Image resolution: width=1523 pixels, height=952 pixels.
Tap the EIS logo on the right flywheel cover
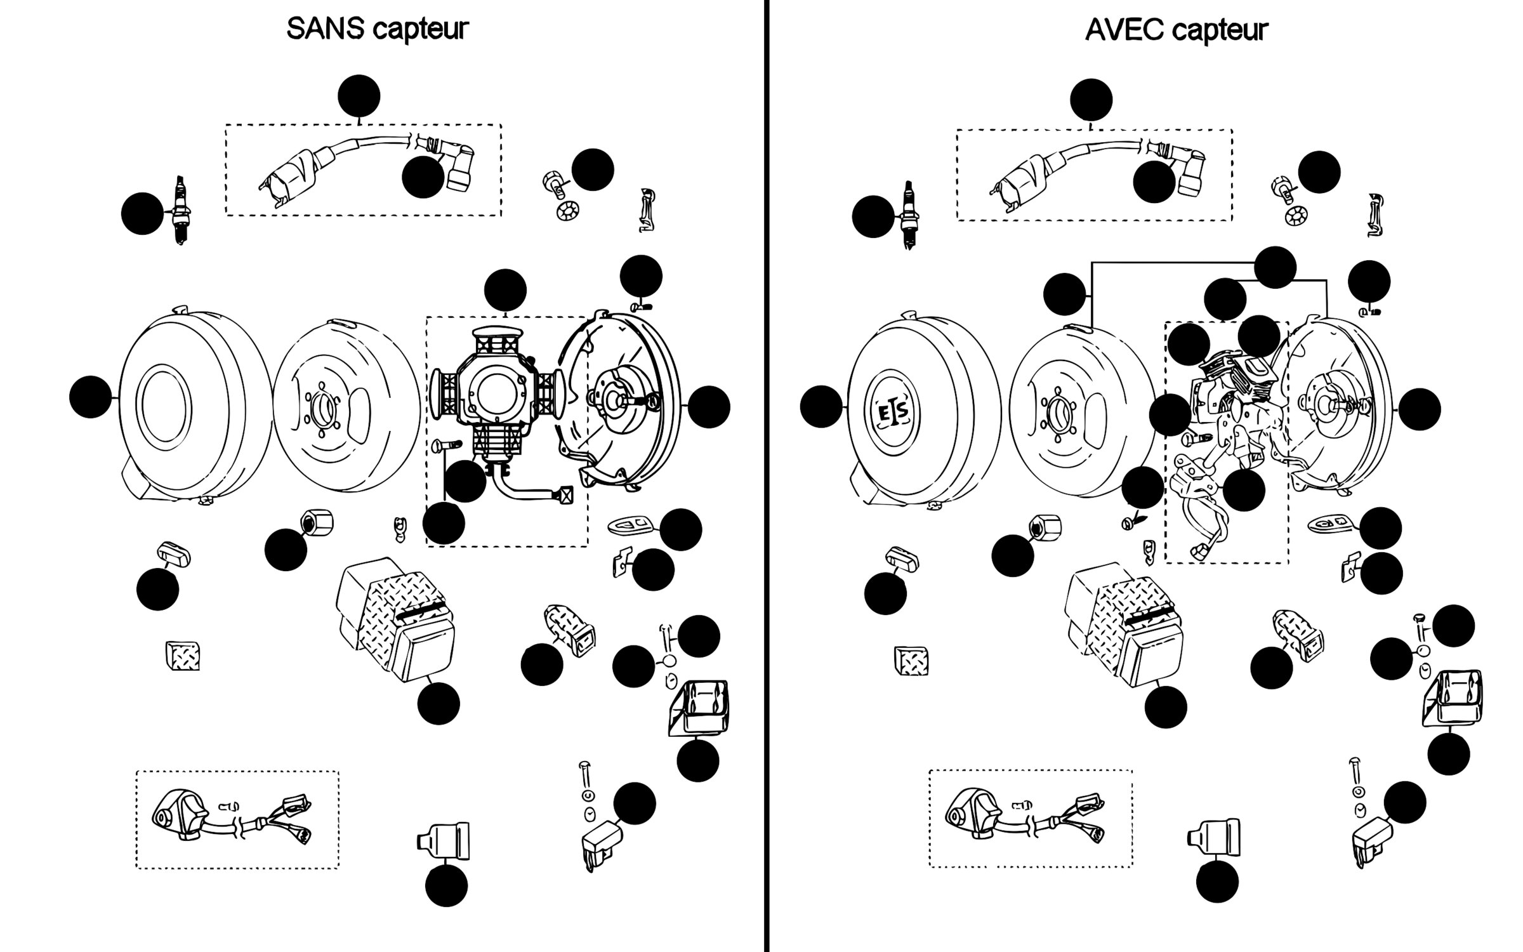892,413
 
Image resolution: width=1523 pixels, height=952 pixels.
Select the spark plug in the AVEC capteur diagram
911,214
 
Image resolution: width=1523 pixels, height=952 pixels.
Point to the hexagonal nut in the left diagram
317,523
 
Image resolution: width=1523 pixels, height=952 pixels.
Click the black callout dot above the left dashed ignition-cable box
359,96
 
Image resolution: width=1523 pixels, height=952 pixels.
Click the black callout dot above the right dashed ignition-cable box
1091,100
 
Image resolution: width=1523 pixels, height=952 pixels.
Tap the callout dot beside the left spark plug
142,214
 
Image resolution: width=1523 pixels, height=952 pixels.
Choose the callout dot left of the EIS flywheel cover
821,406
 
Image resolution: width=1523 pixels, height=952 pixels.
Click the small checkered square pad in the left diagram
183,656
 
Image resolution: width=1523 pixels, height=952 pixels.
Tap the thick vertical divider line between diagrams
767,476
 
